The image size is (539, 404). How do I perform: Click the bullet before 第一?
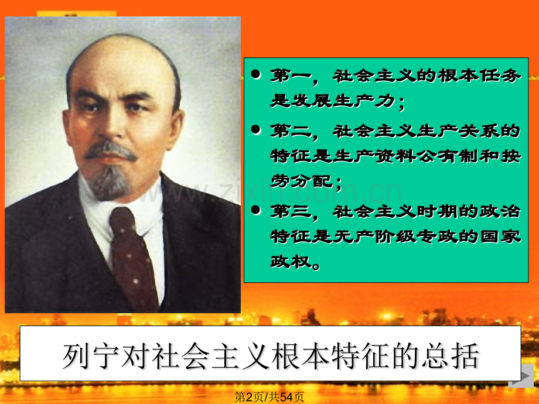pos(256,74)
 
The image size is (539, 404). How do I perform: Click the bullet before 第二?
pos(256,129)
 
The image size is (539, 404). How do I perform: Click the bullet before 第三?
pos(256,210)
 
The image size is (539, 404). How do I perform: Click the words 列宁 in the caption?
pos(91,355)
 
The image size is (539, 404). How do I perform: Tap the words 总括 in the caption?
pos(451,355)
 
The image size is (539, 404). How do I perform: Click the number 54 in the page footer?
pos(286,397)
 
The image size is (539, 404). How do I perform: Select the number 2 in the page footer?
pos(250,397)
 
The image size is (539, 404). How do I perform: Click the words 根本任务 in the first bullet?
pos(479,76)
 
